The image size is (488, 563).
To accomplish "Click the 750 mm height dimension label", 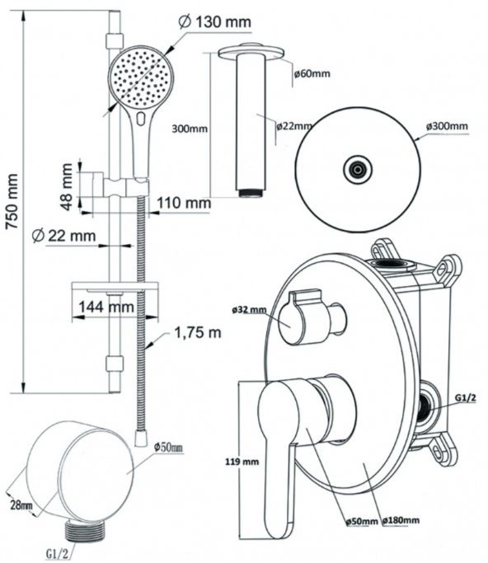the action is click(x=12, y=201).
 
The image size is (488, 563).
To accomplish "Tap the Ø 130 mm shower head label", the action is click(x=214, y=22).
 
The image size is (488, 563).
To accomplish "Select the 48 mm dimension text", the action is click(x=67, y=187).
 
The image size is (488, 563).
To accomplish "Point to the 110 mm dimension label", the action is click(x=184, y=203).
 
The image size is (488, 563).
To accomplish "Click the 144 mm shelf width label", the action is click(x=106, y=307).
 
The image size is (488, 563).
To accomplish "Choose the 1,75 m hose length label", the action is click(x=198, y=333).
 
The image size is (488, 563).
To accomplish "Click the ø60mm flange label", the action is click(x=312, y=73).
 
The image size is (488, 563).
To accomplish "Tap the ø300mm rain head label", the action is click(x=447, y=126).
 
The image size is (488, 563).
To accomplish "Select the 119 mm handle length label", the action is click(x=242, y=462).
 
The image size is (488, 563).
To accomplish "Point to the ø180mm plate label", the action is click(x=401, y=520).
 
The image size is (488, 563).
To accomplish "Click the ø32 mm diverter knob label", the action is click(x=249, y=310).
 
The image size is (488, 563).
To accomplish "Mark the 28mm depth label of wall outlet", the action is click(x=21, y=505).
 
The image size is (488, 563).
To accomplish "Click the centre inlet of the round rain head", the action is click(x=357, y=170).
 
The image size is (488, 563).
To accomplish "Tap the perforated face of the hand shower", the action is click(x=141, y=78).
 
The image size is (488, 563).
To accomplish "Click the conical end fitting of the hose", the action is click(x=141, y=439).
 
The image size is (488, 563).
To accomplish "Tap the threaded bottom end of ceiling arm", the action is click(x=249, y=193).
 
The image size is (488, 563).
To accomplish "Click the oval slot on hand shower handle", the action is click(x=141, y=119).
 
